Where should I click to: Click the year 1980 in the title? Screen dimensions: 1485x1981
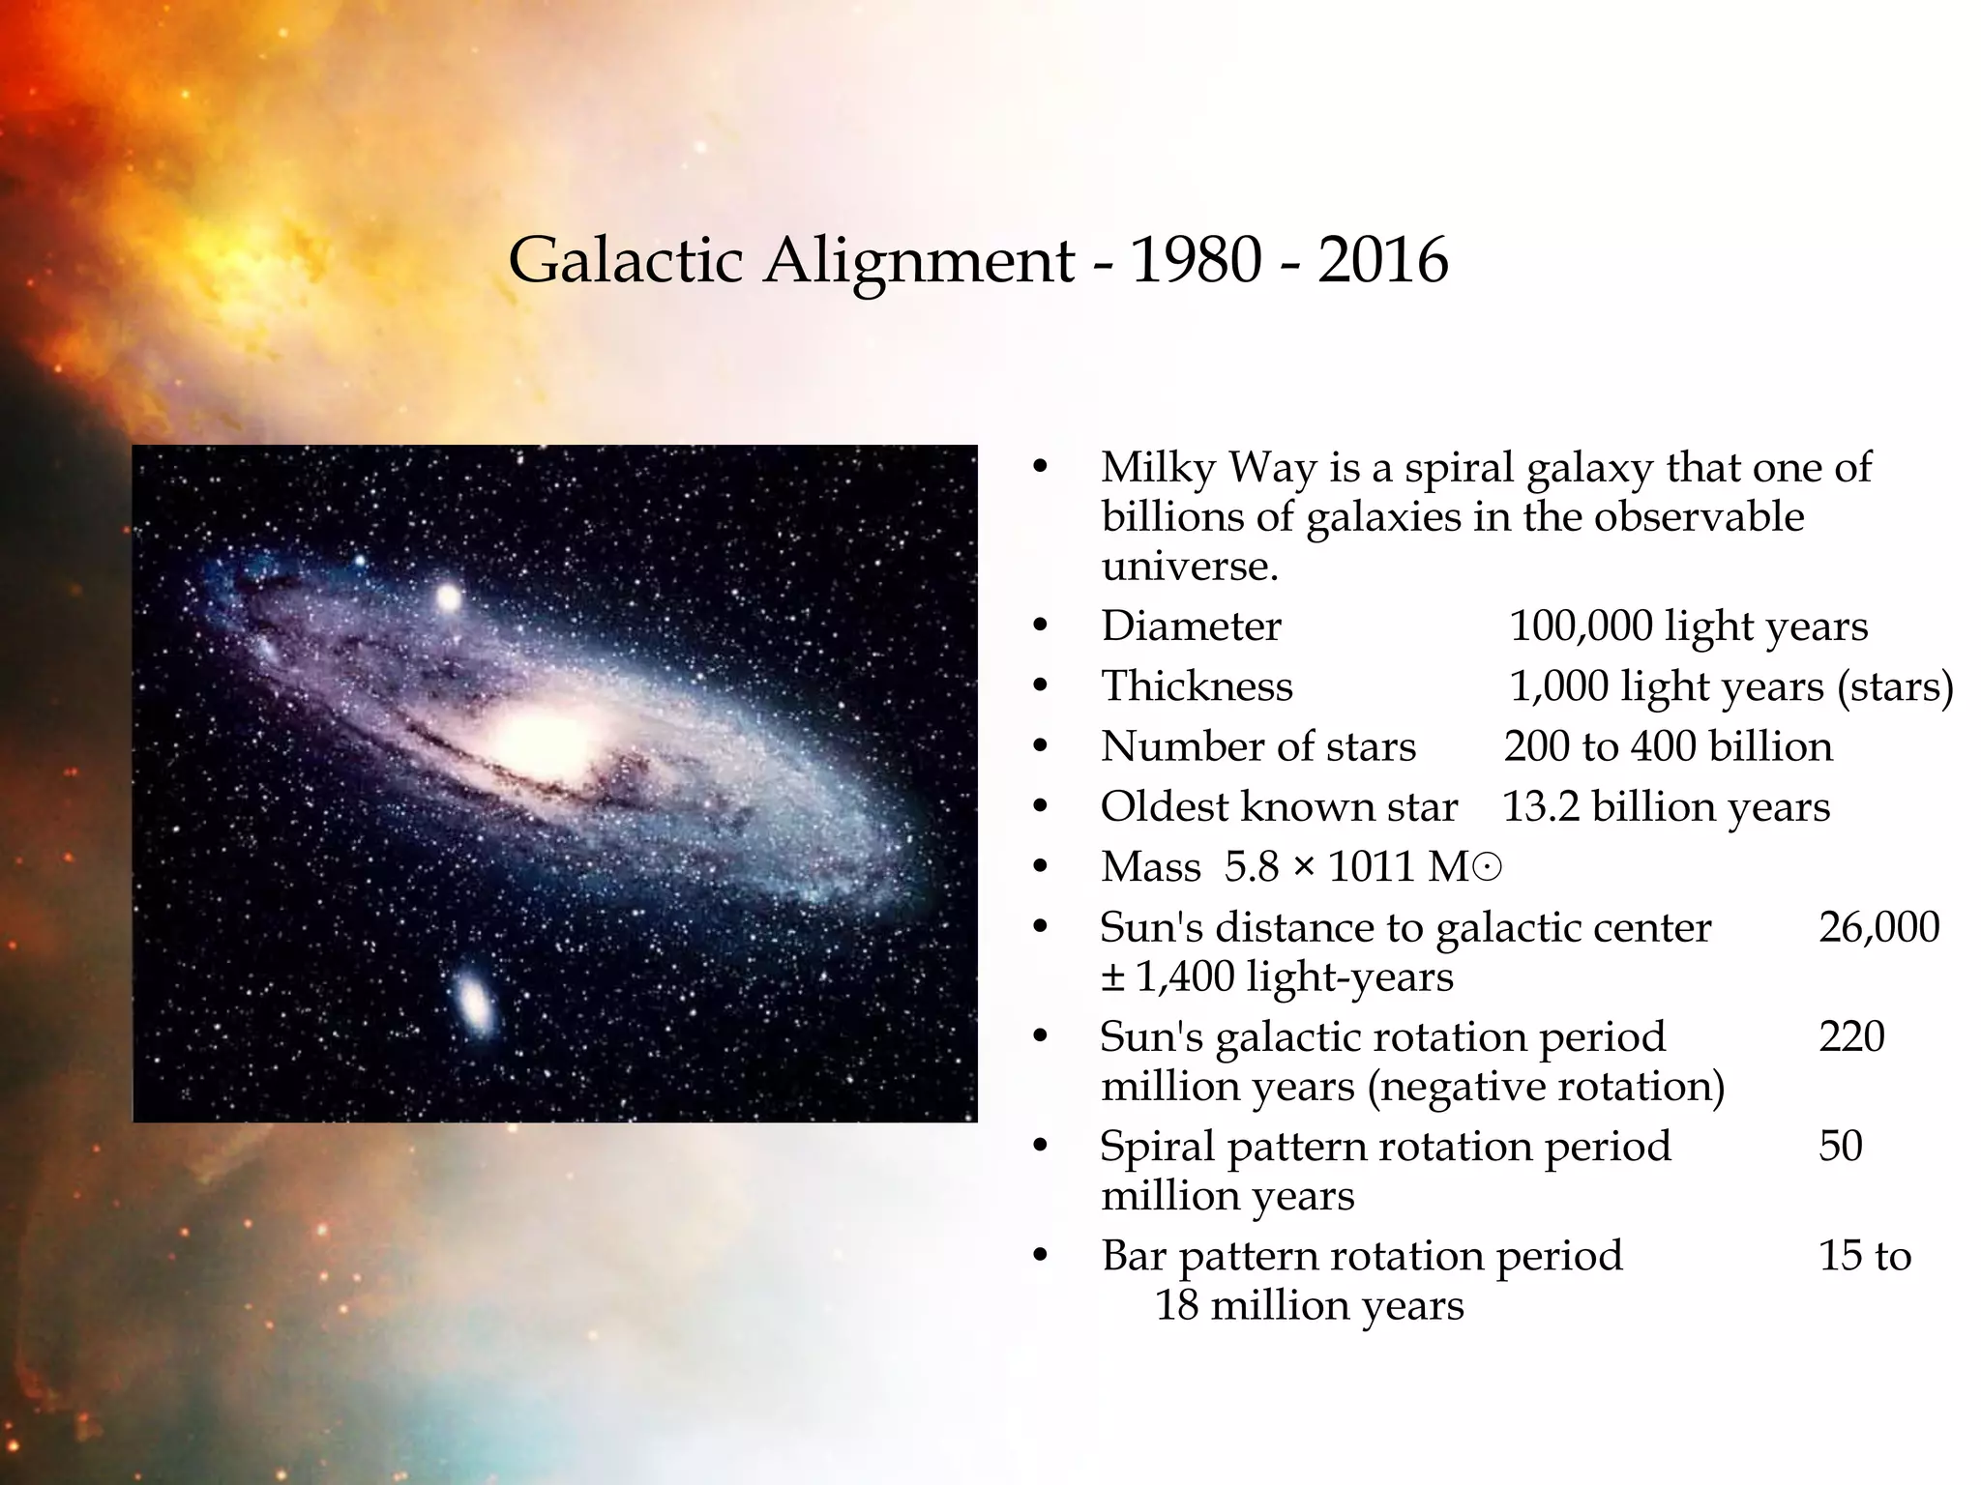point(1196,261)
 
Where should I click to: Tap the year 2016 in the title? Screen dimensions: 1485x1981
point(1382,261)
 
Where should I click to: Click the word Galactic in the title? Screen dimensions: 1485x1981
point(625,261)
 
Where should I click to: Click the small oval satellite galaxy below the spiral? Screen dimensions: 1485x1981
point(475,1002)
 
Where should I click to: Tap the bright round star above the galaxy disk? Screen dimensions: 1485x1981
point(449,597)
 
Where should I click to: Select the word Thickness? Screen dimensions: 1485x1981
point(1197,686)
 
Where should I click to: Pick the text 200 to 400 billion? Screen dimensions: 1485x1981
point(1668,747)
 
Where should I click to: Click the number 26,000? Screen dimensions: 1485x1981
point(1878,927)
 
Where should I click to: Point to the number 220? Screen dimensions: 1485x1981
point(1851,1036)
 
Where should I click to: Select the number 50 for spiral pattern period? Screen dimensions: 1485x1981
point(1840,1146)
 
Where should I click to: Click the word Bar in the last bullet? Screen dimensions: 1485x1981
point(1133,1256)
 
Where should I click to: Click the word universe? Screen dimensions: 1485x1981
point(1189,567)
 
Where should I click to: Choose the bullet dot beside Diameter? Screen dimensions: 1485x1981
point(1041,627)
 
